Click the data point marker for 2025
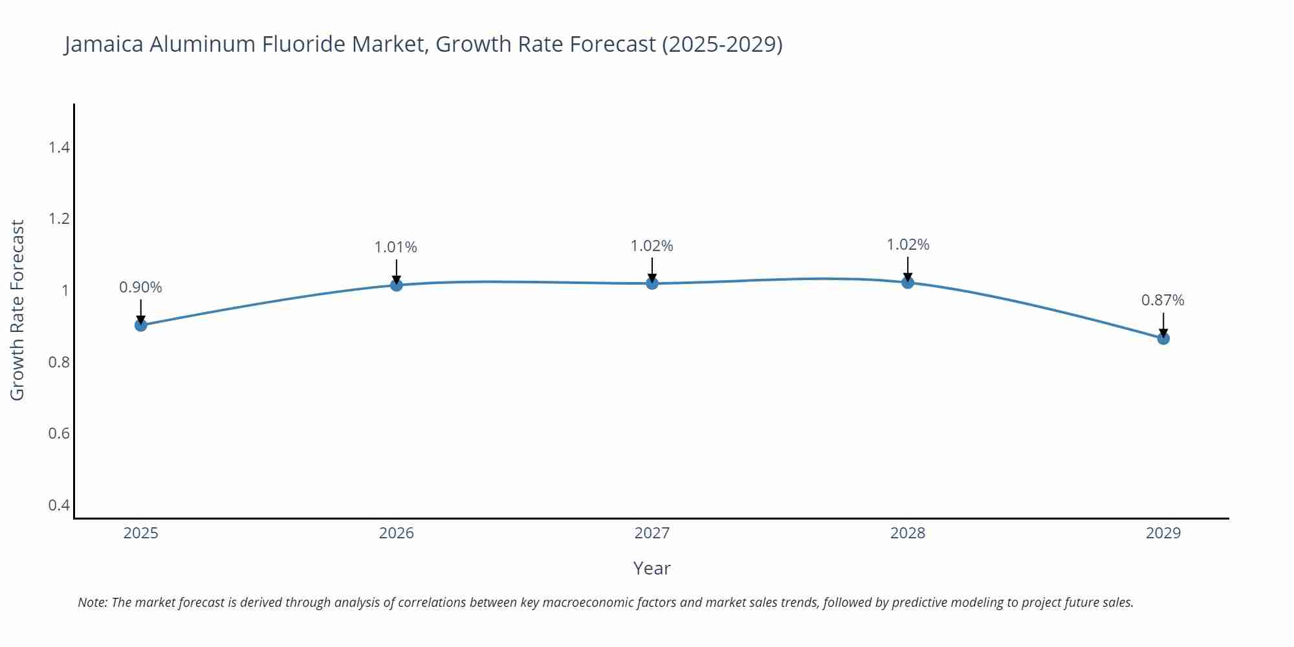tap(140, 325)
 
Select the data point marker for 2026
tap(396, 285)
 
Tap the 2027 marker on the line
tap(652, 283)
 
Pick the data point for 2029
tap(1163, 338)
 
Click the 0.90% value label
tap(140, 287)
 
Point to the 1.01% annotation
tap(396, 247)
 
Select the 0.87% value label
tap(1163, 300)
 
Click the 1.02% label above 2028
tap(908, 245)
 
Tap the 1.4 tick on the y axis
tap(59, 148)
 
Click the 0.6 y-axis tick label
tap(59, 433)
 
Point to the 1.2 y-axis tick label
tap(59, 219)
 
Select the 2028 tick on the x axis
tap(908, 533)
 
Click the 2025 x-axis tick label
tap(140, 533)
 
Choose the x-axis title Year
tap(652, 568)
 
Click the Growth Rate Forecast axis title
tap(17, 310)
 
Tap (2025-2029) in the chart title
tap(722, 44)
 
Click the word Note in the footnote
tap(92, 602)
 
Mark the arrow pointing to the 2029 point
tap(1163, 326)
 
